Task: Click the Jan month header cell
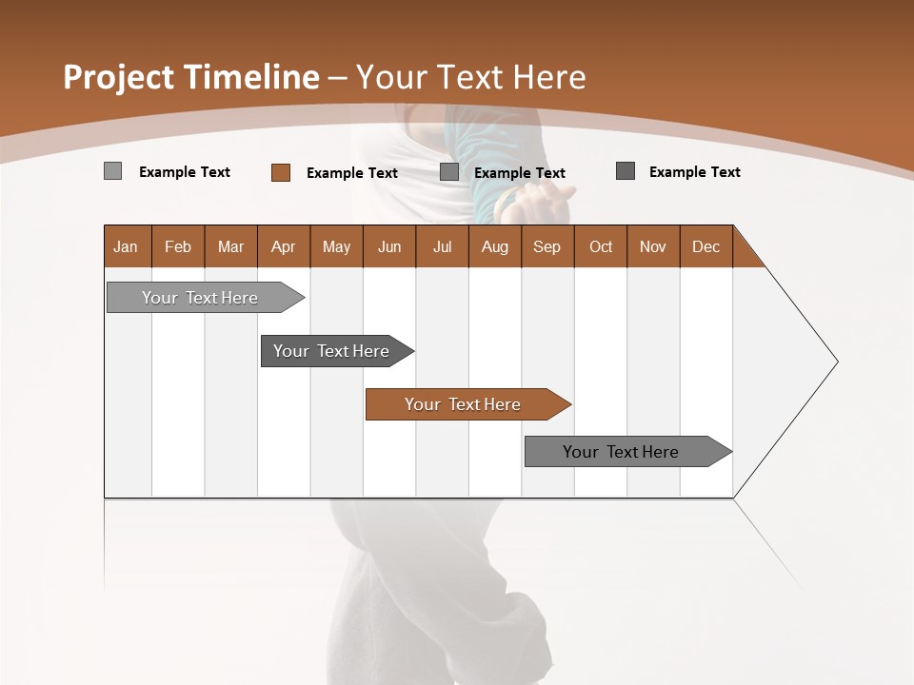[127, 246]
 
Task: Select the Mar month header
[230, 246]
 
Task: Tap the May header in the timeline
[336, 246]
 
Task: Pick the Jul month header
[442, 246]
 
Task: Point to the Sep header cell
[546, 246]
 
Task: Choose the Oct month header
[601, 246]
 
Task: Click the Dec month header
[705, 246]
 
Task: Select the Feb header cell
[178, 246]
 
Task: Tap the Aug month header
[494, 246]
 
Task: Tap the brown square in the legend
[281, 172]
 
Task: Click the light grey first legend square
[113, 171]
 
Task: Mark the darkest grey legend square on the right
[626, 171]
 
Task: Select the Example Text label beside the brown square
[352, 173]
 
